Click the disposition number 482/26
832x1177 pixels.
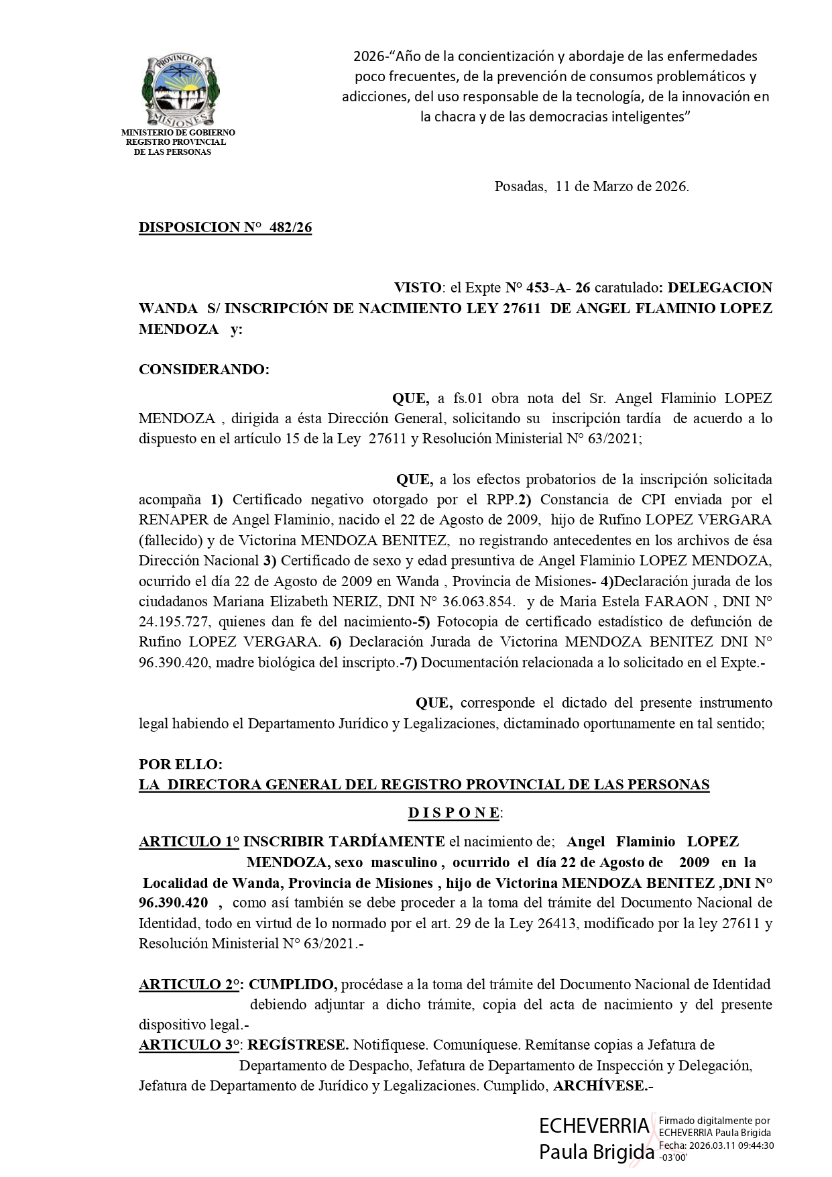(x=290, y=227)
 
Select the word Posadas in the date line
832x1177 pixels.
(x=520, y=186)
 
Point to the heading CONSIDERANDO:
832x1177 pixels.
(x=204, y=370)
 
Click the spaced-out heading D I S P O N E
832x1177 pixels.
(x=454, y=813)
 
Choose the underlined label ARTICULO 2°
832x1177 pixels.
(x=190, y=985)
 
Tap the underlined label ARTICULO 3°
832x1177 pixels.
(x=190, y=1045)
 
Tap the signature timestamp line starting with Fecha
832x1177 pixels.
(x=716, y=1146)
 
